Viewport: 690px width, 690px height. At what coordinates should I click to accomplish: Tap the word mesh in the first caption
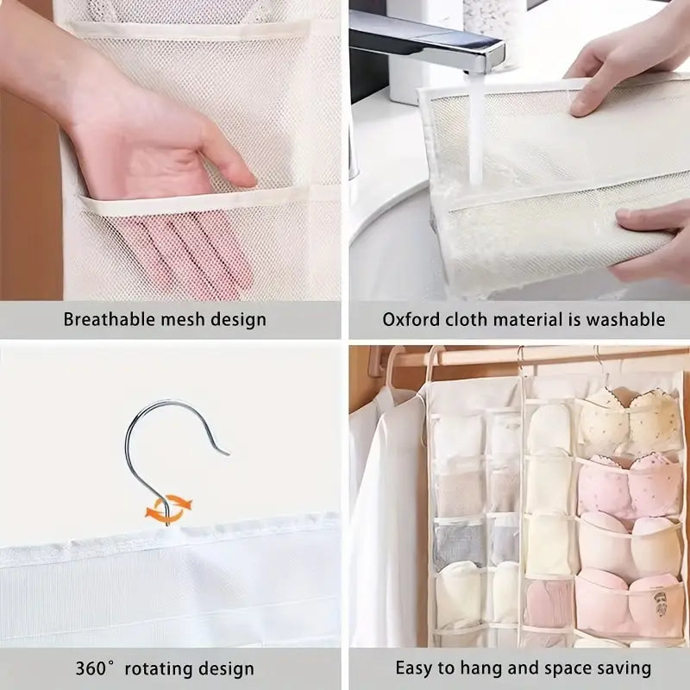click(x=185, y=319)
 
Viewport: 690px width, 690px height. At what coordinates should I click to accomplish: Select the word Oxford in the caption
click(x=411, y=319)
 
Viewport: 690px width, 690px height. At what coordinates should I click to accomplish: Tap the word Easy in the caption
click(x=415, y=668)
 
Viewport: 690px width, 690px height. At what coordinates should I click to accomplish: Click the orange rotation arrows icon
click(x=169, y=508)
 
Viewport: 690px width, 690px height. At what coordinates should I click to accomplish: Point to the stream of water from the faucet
click(x=474, y=129)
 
